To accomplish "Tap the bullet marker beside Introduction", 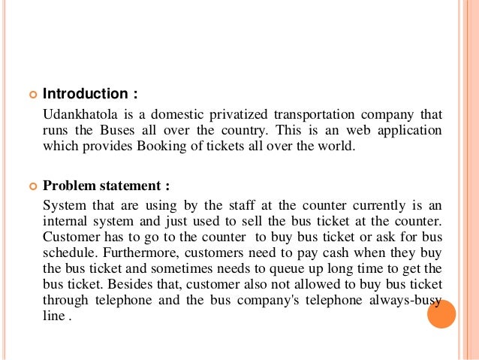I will click(x=32, y=95).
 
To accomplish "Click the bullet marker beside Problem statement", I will click(x=32, y=186).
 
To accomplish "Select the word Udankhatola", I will click(x=78, y=114).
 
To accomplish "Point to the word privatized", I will click(x=236, y=114).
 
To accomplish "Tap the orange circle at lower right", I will click(x=441, y=313).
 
